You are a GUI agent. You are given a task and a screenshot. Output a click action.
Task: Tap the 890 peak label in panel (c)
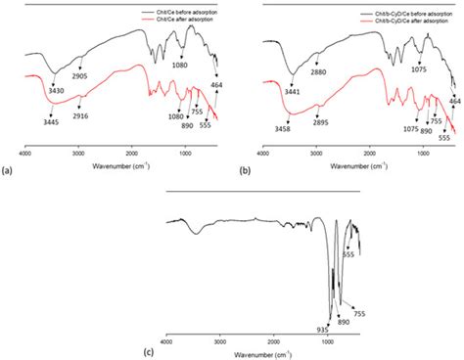pyautogui.click(x=345, y=321)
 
